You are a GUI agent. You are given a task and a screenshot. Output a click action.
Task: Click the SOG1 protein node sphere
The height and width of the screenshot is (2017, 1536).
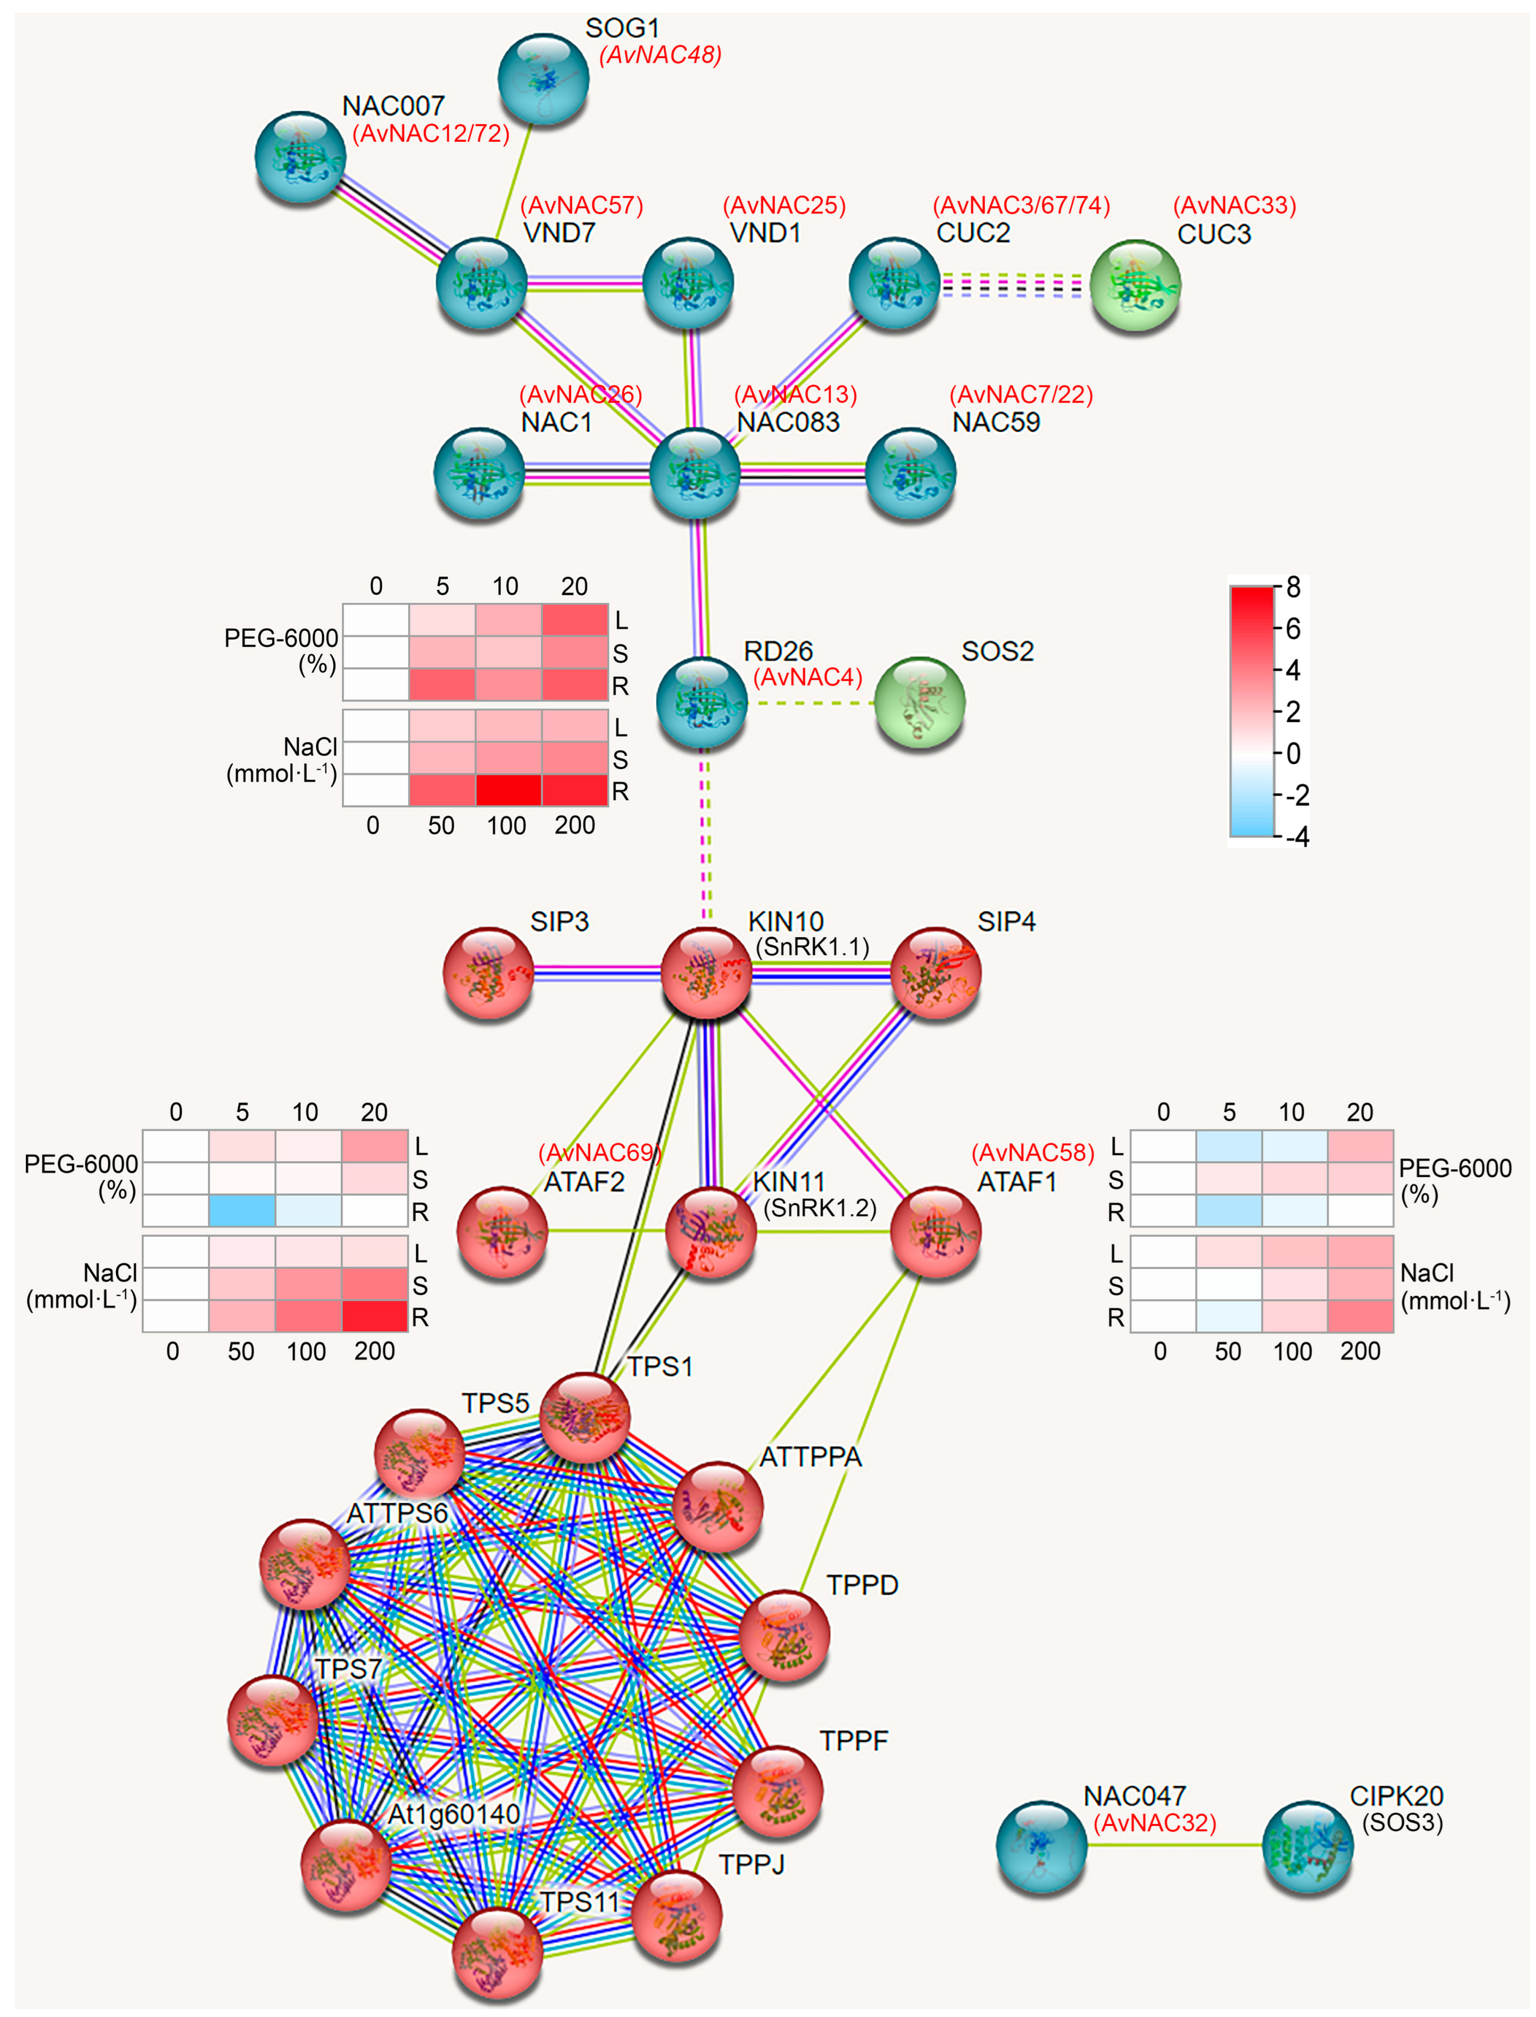(x=543, y=78)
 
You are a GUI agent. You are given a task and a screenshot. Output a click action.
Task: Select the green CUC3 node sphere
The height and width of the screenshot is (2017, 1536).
(x=1136, y=286)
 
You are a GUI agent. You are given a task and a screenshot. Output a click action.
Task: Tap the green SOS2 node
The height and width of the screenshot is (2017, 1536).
(x=920, y=702)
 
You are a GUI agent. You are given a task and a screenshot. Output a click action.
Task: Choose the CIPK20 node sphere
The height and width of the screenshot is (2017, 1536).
(x=1307, y=1846)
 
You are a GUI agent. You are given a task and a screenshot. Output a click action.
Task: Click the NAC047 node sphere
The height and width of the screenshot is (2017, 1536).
(x=1041, y=1846)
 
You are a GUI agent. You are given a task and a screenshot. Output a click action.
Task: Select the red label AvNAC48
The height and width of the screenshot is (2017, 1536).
(x=660, y=55)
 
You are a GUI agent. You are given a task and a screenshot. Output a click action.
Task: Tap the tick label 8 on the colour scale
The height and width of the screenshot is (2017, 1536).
(x=1293, y=587)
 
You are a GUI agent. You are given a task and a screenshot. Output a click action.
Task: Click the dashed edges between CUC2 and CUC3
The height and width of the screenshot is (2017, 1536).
(x=1015, y=285)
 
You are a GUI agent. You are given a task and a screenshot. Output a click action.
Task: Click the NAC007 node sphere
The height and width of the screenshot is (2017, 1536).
(x=300, y=156)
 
